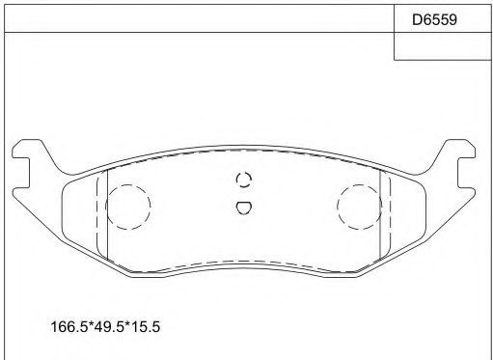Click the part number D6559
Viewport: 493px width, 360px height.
(434, 19)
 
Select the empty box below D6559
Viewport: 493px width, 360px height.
(443, 46)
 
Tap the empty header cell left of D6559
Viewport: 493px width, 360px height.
(199, 18)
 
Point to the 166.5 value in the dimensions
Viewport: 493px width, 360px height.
(69, 327)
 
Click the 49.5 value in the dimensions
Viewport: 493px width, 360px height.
(109, 327)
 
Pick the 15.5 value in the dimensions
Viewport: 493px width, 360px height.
(146, 327)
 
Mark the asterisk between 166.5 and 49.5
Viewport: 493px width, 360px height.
(91, 324)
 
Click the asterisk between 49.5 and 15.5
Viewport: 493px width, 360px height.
(127, 324)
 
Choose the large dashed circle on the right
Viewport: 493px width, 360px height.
(360, 185)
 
